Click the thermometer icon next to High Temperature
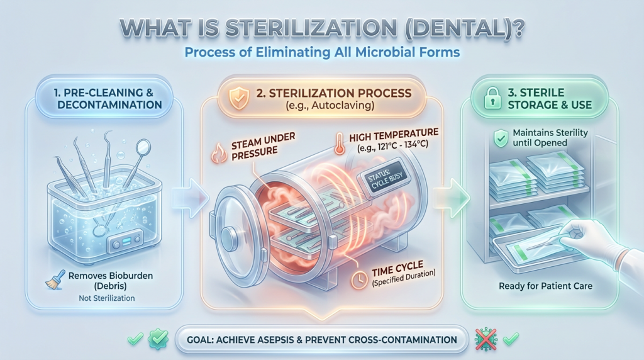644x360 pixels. (340, 143)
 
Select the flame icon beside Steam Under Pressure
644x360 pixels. (218, 153)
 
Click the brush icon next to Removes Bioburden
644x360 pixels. (55, 280)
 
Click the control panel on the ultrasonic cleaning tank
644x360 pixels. (125, 242)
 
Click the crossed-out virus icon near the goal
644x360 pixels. (486, 339)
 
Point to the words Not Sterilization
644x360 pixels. (107, 298)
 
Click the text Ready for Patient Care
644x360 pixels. (545, 286)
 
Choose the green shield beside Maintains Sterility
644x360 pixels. (501, 138)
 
